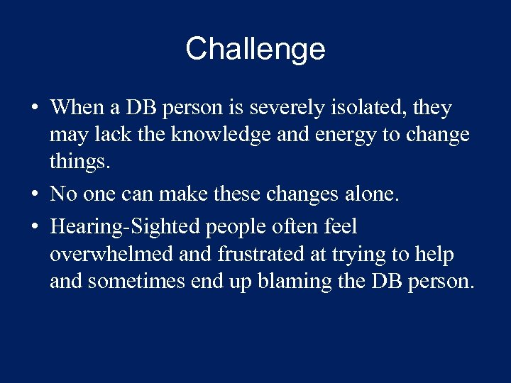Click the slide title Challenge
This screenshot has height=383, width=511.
(255, 49)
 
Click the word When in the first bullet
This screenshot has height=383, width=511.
(77, 108)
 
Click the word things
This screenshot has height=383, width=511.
(80, 162)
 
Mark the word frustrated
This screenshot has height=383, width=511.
(248, 254)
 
